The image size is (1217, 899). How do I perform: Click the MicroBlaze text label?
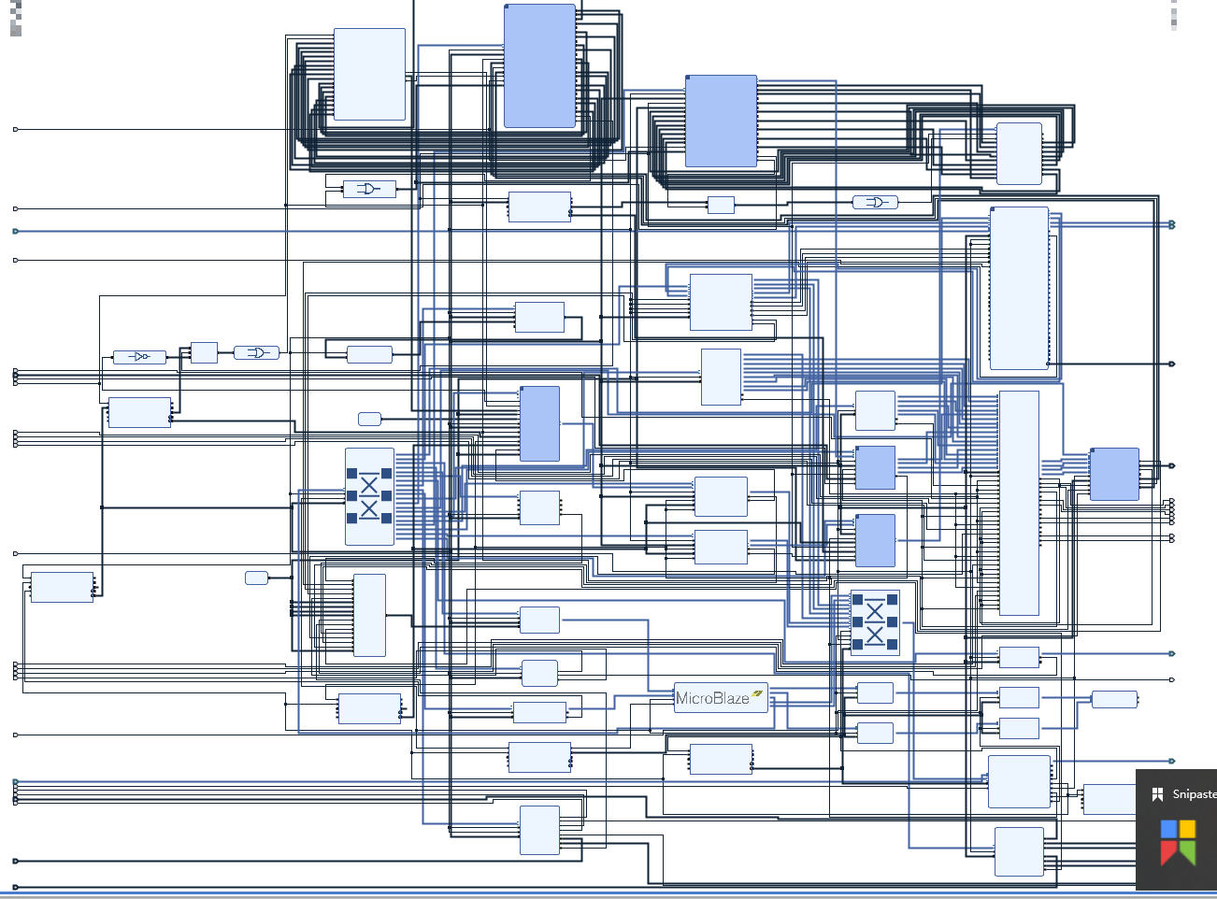[x=711, y=698]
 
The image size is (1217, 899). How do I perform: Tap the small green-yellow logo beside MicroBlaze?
[x=757, y=693]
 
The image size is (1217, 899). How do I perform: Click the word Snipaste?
[x=1194, y=794]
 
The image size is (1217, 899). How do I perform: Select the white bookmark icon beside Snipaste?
[x=1157, y=794]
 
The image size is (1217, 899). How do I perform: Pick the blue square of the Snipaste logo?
[x=1168, y=829]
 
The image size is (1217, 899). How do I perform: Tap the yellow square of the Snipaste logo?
[x=1187, y=829]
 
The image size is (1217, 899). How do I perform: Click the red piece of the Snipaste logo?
[x=1168, y=851]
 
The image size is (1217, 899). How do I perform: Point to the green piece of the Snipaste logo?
[x=1187, y=851]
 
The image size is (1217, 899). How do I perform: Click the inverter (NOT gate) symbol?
[x=139, y=357]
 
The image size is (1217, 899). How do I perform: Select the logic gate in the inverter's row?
[x=256, y=352]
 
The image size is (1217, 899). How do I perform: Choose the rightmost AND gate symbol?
[x=875, y=202]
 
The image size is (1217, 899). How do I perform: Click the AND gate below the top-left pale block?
[x=369, y=189]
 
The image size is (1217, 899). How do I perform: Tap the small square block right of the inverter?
[x=204, y=352]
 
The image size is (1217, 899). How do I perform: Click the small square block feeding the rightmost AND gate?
[x=721, y=205]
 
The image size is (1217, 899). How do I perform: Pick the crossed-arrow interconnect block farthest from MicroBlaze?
[x=369, y=496]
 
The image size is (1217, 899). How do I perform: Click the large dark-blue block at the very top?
[x=539, y=65]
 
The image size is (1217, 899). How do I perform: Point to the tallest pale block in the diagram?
[x=1019, y=503]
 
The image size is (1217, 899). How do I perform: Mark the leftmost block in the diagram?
[x=62, y=587]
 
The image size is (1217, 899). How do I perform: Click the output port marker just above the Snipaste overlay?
[x=1172, y=761]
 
